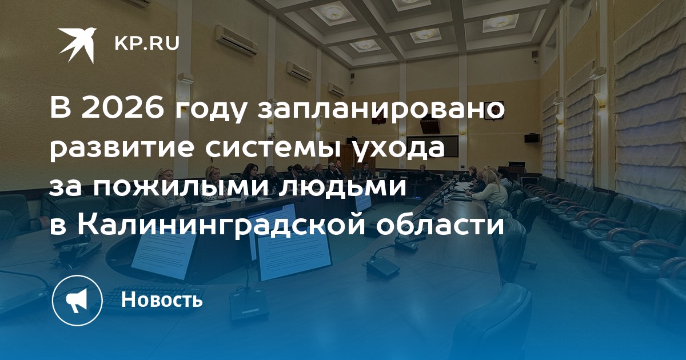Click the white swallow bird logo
(x=77, y=45)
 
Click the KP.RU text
(x=147, y=43)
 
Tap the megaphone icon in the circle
(x=77, y=301)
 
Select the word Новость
(x=162, y=299)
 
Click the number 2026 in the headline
(x=123, y=109)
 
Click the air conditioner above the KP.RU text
(x=236, y=40)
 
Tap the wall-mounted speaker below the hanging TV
(x=532, y=138)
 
